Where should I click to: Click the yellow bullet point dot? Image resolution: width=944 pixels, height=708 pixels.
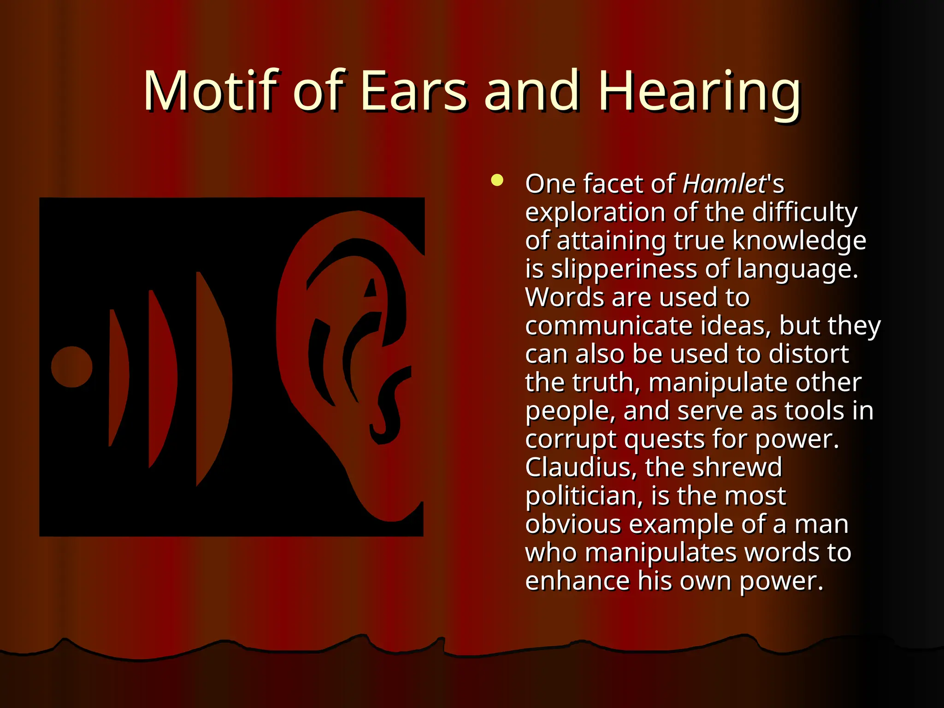click(x=497, y=180)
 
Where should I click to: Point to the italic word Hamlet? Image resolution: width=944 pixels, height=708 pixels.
click(x=724, y=184)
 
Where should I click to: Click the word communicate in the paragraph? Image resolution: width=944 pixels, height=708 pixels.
click(x=608, y=326)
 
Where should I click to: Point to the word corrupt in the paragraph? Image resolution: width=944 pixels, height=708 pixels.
click(x=570, y=439)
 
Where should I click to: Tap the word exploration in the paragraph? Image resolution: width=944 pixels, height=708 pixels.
click(x=595, y=213)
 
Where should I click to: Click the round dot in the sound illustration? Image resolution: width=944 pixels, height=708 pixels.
click(x=71, y=367)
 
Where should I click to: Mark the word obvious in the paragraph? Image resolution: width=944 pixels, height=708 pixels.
click(x=573, y=525)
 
